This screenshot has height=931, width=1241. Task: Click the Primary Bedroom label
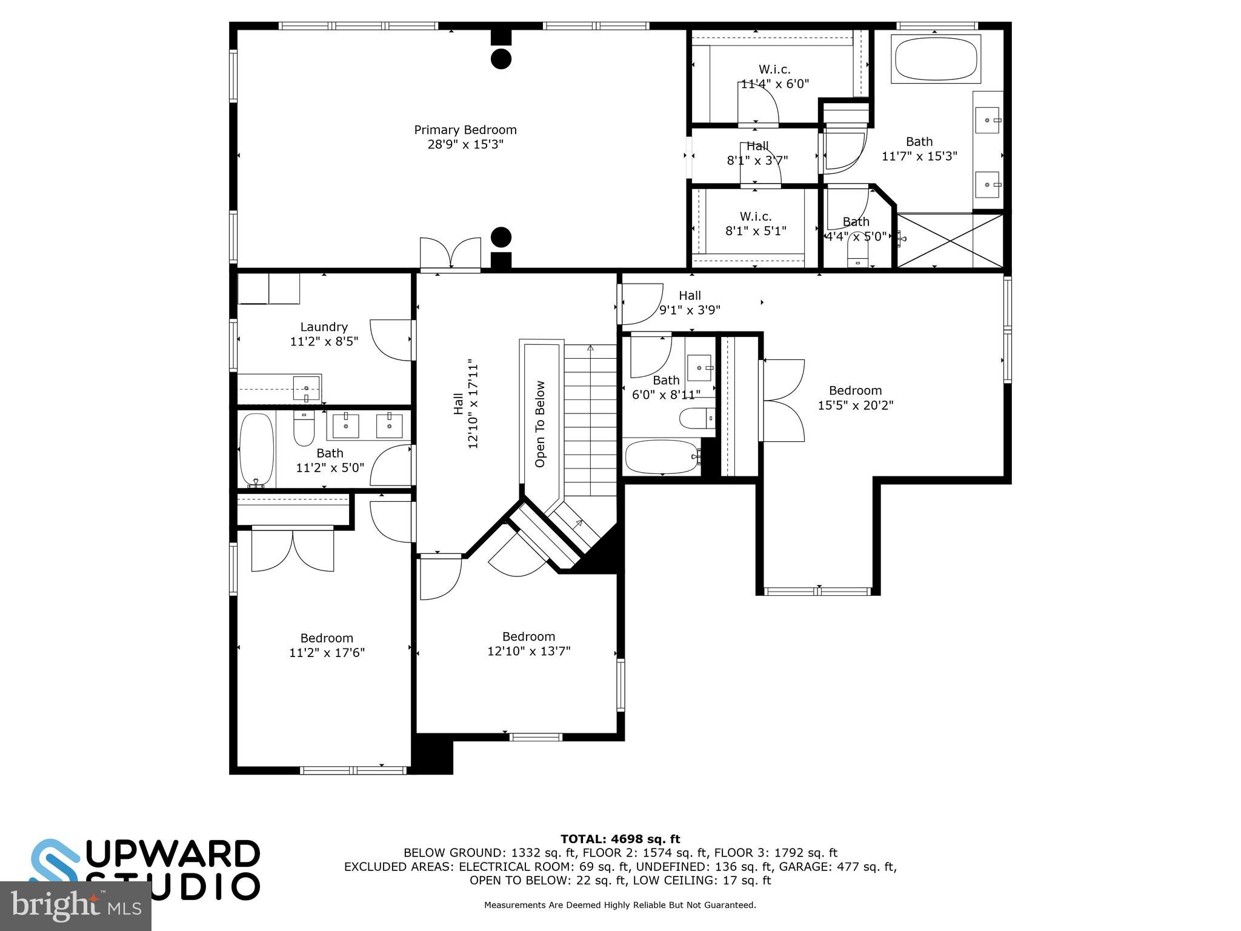pos(465,130)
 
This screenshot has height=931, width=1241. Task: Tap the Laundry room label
pos(324,327)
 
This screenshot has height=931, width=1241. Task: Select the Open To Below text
pos(540,424)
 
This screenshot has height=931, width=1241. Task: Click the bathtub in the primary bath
pos(936,59)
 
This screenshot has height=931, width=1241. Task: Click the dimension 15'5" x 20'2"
pos(855,405)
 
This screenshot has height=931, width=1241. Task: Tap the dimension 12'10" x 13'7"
pos(528,652)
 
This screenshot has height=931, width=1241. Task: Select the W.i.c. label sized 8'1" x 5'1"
pos(756,216)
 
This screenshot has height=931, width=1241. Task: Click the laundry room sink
pos(306,388)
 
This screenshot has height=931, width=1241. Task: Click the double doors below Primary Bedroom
pos(450,253)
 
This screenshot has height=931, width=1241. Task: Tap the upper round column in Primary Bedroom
pos(501,59)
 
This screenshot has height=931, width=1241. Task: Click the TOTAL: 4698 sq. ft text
pos(620,839)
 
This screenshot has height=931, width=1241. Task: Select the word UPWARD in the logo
pos(176,854)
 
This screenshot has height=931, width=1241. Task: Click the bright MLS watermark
pos(75,906)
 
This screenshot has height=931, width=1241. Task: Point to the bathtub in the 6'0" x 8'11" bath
pos(662,456)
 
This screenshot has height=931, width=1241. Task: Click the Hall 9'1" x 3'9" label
pos(690,302)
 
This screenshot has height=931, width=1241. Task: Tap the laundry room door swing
pos(391,340)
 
